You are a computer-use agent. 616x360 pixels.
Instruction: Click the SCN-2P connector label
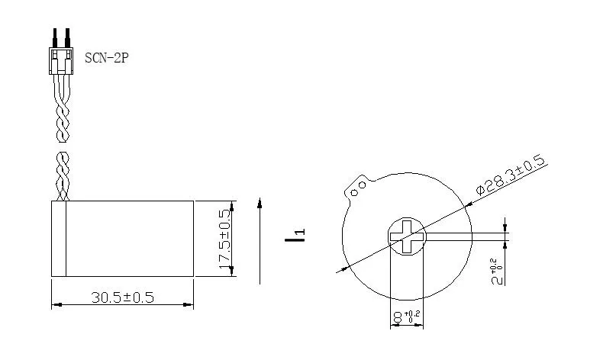tap(106, 57)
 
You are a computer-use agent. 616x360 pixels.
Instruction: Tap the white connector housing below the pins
tap(62, 58)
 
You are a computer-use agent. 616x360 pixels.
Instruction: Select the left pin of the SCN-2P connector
tap(55, 36)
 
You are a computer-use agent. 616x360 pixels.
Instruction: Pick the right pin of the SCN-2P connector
tap(68, 36)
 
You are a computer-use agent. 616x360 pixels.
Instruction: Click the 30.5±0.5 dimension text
tap(122, 297)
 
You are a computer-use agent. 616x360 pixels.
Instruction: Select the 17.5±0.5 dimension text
tap(224, 239)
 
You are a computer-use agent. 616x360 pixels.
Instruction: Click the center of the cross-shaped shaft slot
tap(405, 236)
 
